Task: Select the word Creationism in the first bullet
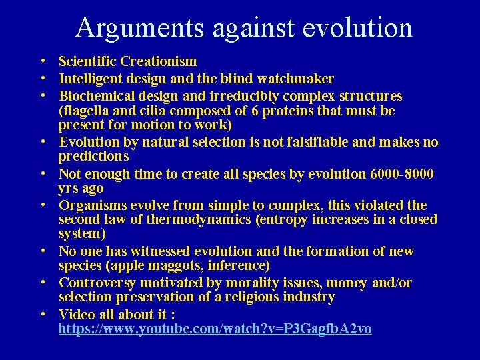point(159,62)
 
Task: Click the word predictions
point(93,156)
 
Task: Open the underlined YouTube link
point(215,329)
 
